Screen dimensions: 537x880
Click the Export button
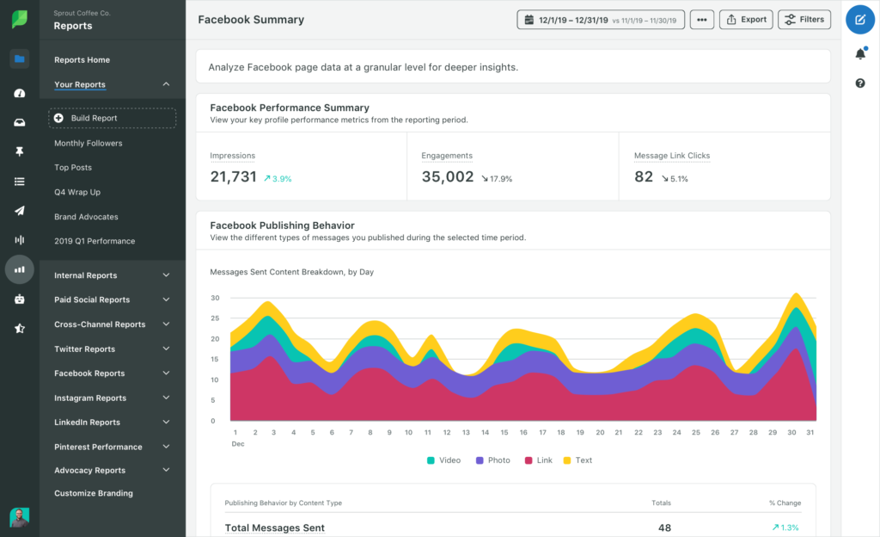[x=744, y=20]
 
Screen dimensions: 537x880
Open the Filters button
[x=804, y=20]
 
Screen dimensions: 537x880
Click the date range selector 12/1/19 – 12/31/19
[x=601, y=20]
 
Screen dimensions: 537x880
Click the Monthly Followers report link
[x=89, y=143]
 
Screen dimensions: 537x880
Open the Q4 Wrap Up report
[x=77, y=192]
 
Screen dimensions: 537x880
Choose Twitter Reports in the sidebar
[x=84, y=349]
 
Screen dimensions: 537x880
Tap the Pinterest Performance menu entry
[x=98, y=447]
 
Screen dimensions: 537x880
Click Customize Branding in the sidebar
[x=94, y=493]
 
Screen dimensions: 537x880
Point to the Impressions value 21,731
[x=234, y=176]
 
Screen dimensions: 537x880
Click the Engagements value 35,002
[x=448, y=176]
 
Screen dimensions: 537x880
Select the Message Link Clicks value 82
[x=644, y=176]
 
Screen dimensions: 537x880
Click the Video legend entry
[x=443, y=460]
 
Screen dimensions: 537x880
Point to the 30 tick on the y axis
[x=215, y=298]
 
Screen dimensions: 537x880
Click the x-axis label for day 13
[x=466, y=432]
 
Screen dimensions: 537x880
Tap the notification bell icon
[x=860, y=54]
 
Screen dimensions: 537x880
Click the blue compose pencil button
[x=860, y=19]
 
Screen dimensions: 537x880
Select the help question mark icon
[x=860, y=83]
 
